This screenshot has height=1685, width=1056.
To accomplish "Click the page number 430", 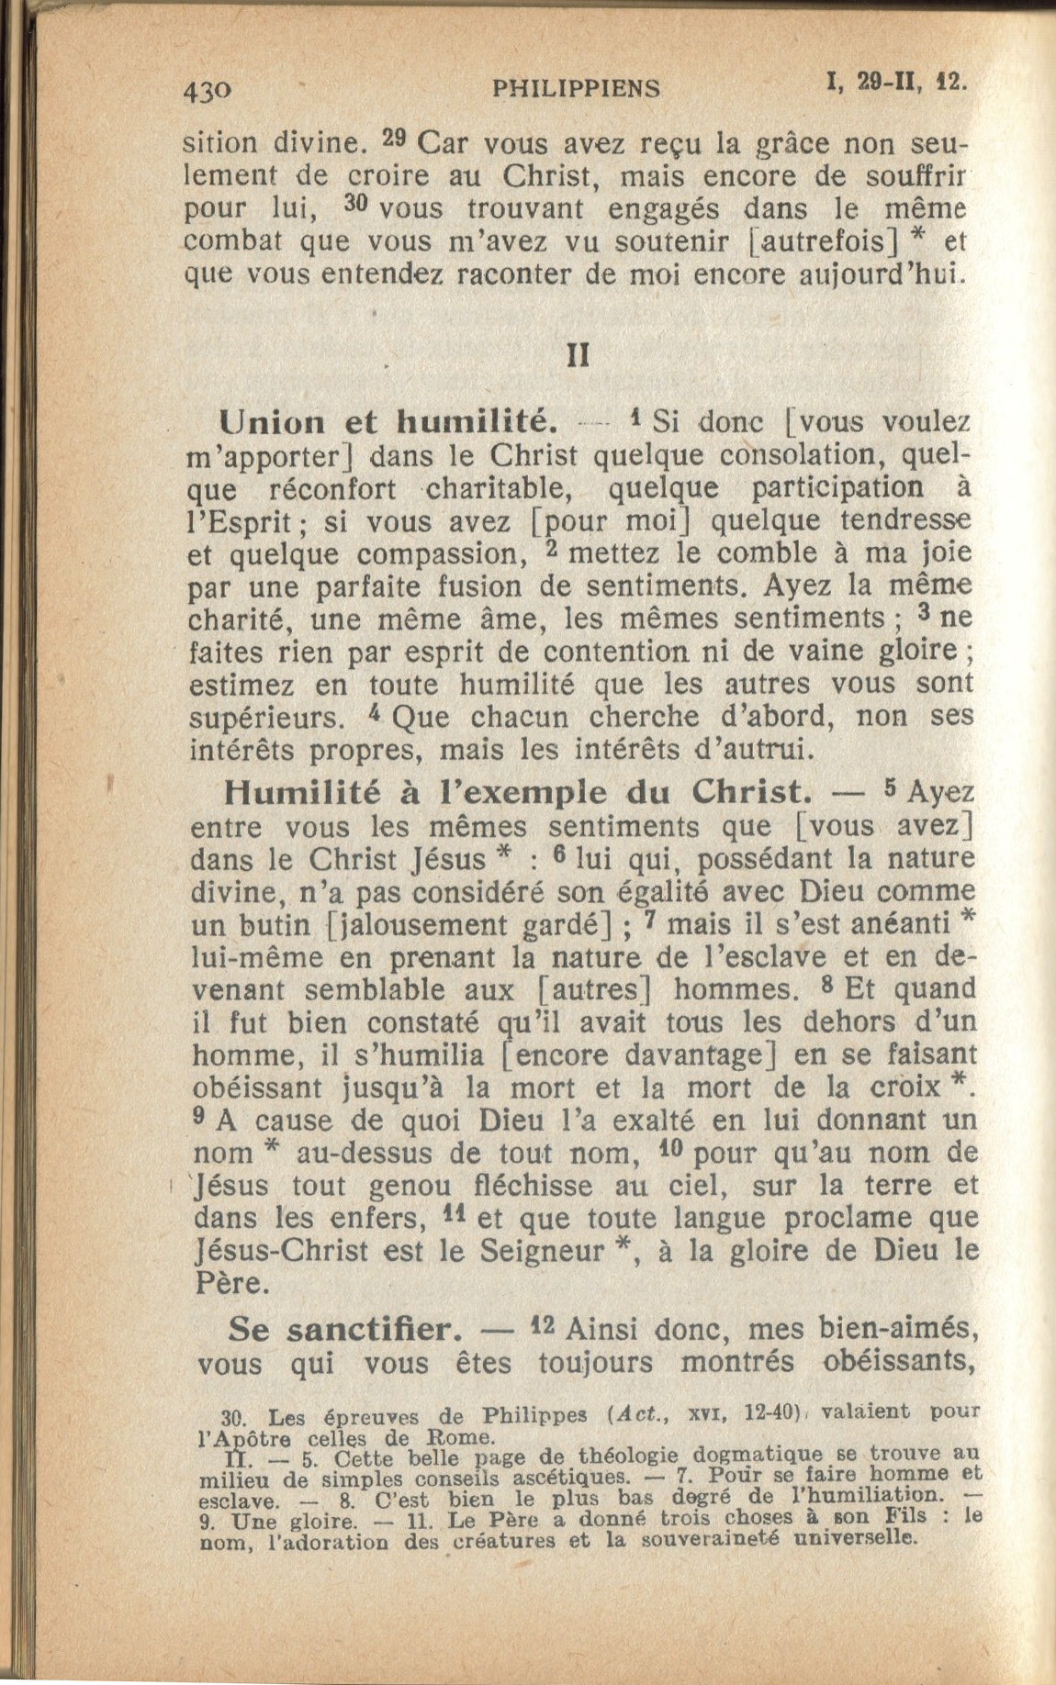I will [x=207, y=89].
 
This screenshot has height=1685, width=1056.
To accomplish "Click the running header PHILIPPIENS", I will [x=576, y=88].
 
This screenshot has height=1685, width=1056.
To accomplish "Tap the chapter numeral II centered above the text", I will [x=579, y=356].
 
